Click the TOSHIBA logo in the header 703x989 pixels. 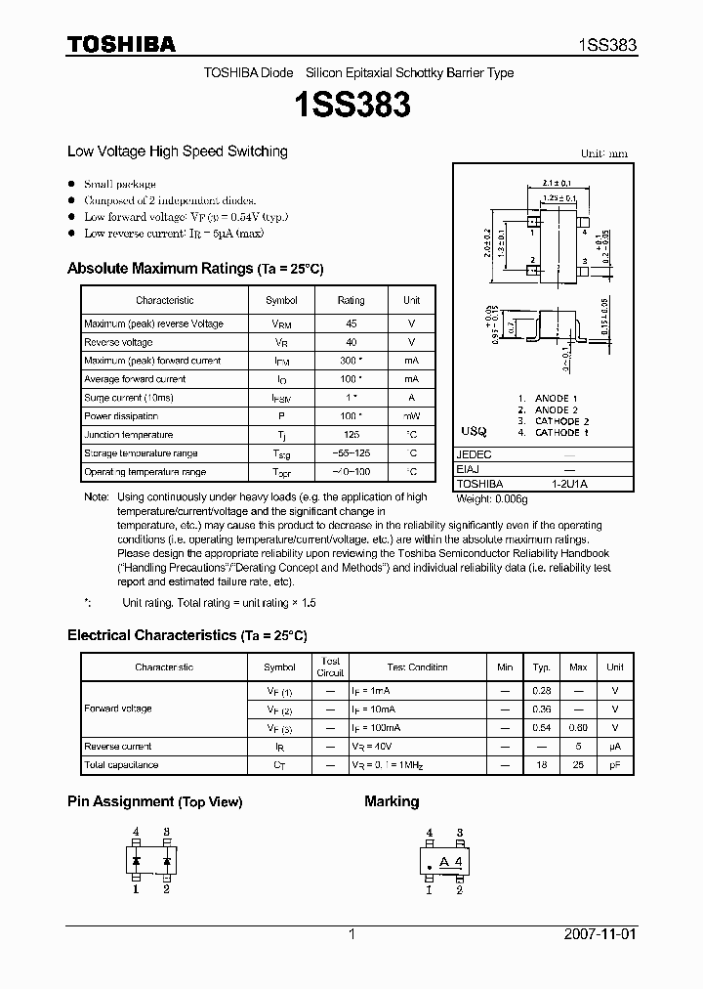pos(121,44)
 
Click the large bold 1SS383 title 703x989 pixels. pos(351,106)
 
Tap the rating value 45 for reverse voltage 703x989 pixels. pos(351,323)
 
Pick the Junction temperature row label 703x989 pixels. pos(129,435)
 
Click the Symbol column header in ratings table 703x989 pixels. pos(281,300)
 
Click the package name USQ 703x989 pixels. pos(474,431)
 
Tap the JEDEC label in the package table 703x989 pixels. pos(475,455)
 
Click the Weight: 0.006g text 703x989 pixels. pos(492,498)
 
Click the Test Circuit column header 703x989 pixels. pos(331,666)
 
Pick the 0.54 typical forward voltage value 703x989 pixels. pos(542,728)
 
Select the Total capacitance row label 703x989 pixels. pos(121,765)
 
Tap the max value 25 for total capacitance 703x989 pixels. pos(579,765)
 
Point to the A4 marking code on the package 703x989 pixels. pos(450,861)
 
